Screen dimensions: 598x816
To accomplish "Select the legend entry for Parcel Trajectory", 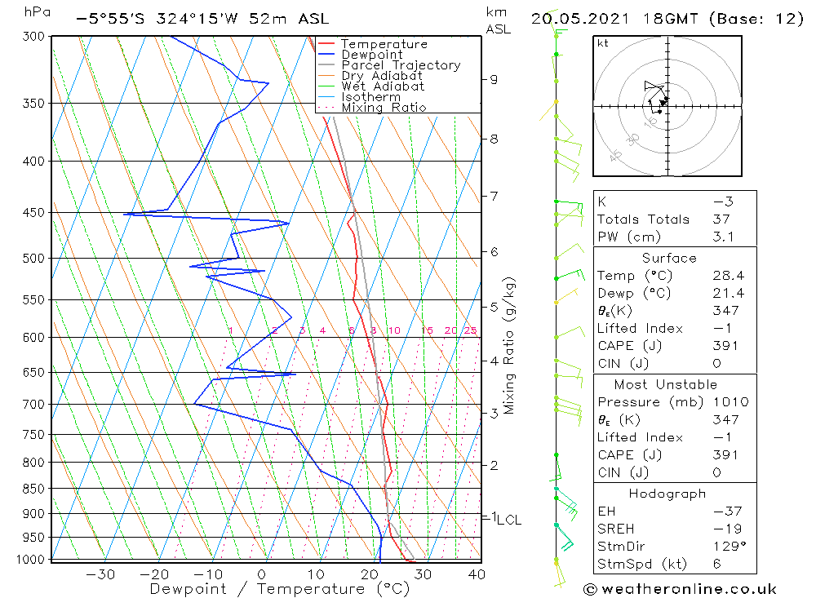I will click(400, 65).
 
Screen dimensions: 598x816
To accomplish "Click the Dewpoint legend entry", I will click(371, 55).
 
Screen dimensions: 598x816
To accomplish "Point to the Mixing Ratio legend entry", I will click(384, 108).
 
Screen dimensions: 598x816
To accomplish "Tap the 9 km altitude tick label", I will click(494, 79).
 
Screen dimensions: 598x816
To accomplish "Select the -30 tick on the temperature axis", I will click(100, 574).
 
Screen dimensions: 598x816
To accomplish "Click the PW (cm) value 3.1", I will click(723, 237).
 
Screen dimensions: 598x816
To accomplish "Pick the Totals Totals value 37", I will click(723, 219).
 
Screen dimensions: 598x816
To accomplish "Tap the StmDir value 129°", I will click(726, 546).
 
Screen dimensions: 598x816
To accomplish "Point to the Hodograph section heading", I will click(668, 494).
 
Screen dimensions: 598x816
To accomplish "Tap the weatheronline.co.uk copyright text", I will click(681, 589).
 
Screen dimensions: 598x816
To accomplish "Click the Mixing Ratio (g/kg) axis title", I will click(509, 346).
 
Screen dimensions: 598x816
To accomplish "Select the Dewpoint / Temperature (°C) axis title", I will click(279, 588).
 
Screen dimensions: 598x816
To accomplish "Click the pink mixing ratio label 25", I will click(470, 330).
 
